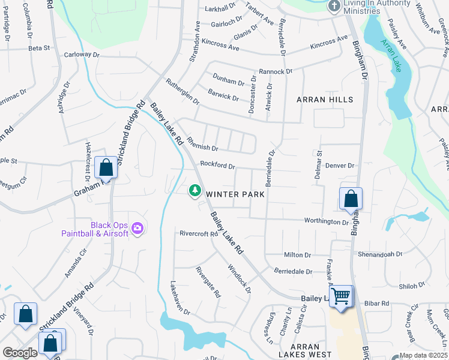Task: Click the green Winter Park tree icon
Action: coord(194,191)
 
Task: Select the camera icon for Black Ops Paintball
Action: coord(138,227)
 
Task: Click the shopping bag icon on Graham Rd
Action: coord(106,168)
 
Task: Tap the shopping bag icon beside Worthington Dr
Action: coord(351,199)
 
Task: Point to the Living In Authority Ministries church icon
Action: coord(334,6)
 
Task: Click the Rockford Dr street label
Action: coord(217,164)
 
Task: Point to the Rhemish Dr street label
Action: coord(201,145)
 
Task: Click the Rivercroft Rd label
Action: coord(198,233)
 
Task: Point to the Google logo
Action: coord(20,352)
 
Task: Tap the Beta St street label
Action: coord(38,47)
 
